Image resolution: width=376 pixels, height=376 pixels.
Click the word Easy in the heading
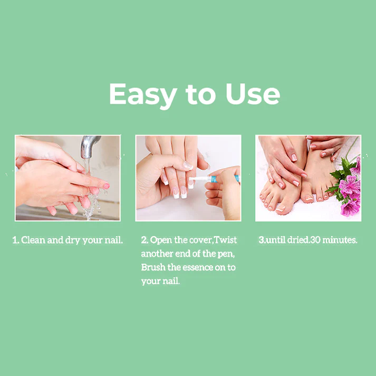[x=143, y=95]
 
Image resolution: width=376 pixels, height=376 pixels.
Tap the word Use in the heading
[x=253, y=94]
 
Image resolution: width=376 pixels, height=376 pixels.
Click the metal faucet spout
[x=89, y=146]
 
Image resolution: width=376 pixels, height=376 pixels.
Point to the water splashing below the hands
[x=92, y=204]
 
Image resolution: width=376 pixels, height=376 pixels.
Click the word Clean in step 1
[x=33, y=240]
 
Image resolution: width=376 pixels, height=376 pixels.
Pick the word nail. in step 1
[x=114, y=240]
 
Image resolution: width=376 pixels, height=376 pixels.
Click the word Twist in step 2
[x=225, y=240]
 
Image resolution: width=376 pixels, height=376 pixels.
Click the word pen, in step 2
[x=226, y=254]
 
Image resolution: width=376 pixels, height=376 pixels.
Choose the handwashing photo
[x=68, y=178]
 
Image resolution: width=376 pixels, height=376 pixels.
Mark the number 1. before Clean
[x=16, y=240]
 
